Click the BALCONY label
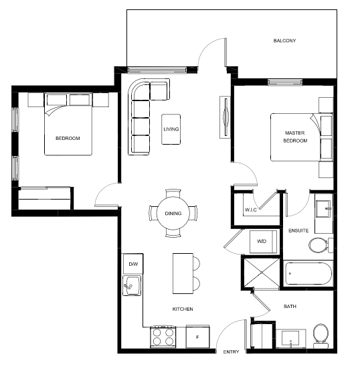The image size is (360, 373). (x=284, y=41)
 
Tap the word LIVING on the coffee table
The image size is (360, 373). (x=171, y=129)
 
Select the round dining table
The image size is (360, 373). (x=173, y=214)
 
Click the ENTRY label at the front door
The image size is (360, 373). (x=231, y=352)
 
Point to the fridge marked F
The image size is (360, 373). (x=197, y=337)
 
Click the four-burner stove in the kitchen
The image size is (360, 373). (x=163, y=337)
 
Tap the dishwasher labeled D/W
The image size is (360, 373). (x=133, y=264)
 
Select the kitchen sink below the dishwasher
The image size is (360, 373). (x=132, y=286)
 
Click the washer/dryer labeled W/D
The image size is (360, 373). (x=263, y=242)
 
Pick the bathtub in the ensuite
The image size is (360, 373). (x=308, y=274)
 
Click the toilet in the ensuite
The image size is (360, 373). (x=321, y=245)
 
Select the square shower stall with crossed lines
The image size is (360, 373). (x=262, y=272)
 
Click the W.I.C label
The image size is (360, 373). (x=251, y=210)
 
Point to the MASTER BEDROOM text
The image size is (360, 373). (x=295, y=137)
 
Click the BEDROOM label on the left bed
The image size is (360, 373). (x=68, y=138)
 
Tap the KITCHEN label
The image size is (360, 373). (x=183, y=309)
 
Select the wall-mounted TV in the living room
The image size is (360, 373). (x=225, y=117)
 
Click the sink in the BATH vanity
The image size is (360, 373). (x=290, y=338)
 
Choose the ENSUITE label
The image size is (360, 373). (x=298, y=230)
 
